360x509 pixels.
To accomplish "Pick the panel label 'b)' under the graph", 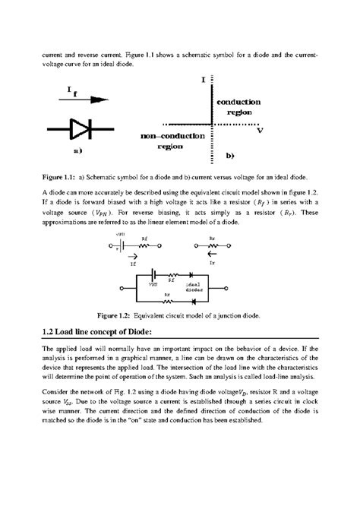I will point(230,154).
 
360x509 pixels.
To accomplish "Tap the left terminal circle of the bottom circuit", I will point(123,289).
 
